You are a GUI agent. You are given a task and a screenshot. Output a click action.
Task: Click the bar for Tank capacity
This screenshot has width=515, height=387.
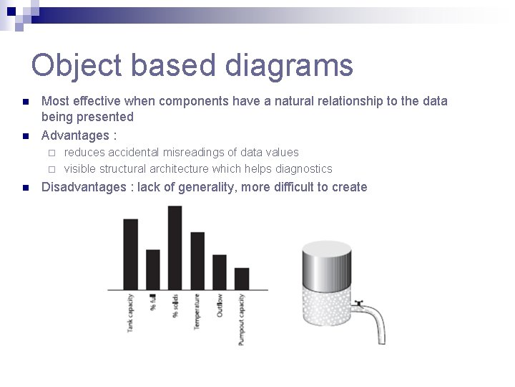point(131,254)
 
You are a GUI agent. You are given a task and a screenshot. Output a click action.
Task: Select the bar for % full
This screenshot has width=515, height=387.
point(153,269)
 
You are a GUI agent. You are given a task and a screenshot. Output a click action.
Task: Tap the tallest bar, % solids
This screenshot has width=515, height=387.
point(175,247)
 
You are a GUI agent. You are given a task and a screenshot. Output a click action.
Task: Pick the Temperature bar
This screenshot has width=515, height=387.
point(197,260)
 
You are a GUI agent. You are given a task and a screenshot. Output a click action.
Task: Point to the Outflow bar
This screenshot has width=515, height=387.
point(220,272)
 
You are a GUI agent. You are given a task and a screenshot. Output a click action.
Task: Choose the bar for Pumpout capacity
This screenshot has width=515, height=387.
point(242,278)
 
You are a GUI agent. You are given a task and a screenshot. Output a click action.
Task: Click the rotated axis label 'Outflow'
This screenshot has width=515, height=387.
point(220,305)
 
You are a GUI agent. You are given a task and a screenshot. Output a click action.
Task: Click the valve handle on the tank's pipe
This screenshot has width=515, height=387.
point(359,302)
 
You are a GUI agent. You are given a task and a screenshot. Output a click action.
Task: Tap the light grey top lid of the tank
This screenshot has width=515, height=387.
point(326,248)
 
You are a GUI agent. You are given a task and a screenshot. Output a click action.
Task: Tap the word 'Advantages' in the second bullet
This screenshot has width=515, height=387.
point(75,135)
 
